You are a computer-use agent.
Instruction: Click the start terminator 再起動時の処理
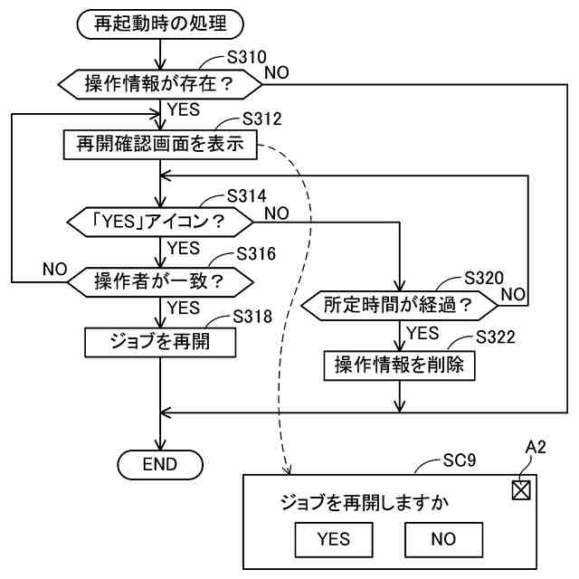click(x=160, y=24)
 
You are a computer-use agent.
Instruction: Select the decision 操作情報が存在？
click(x=160, y=84)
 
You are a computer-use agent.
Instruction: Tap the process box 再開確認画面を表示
click(x=160, y=145)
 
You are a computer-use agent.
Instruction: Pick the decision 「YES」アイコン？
click(x=160, y=223)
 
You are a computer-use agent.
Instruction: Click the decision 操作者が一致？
click(x=160, y=282)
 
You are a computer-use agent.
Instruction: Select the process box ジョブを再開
click(x=160, y=343)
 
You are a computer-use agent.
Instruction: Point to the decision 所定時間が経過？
click(x=400, y=306)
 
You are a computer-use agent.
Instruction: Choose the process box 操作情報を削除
click(x=400, y=365)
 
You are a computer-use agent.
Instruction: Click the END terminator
click(x=160, y=464)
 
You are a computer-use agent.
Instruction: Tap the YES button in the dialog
click(x=334, y=539)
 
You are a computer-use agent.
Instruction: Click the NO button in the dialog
click(x=444, y=539)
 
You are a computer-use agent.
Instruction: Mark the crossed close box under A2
click(x=521, y=490)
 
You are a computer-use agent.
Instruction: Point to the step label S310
click(x=246, y=57)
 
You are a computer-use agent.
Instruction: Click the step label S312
click(x=262, y=119)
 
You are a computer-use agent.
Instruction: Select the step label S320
click(x=484, y=278)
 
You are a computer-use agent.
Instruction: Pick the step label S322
click(x=496, y=337)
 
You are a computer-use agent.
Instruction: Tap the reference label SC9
click(x=460, y=460)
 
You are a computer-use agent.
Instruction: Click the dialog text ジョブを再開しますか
click(x=365, y=503)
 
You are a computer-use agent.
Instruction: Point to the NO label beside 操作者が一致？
click(x=54, y=270)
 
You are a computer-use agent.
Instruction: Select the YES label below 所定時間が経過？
click(x=422, y=333)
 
